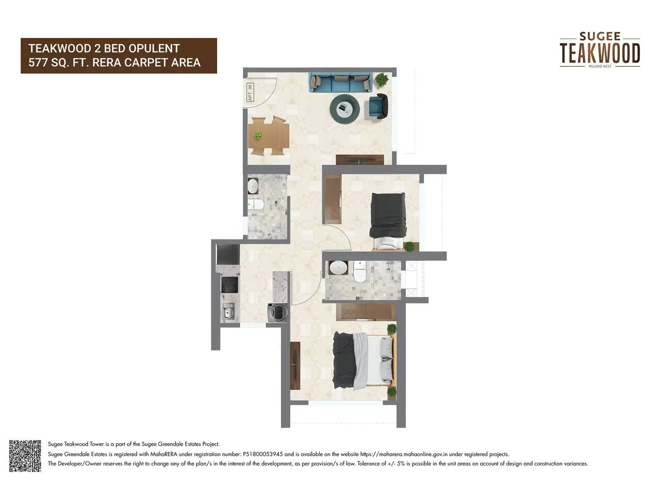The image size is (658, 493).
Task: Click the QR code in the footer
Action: click(x=25, y=456)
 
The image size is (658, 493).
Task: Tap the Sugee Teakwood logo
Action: click(x=600, y=50)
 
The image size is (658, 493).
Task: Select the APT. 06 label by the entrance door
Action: click(x=250, y=92)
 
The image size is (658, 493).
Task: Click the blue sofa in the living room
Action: click(x=340, y=82)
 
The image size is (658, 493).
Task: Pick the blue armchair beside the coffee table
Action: click(x=378, y=106)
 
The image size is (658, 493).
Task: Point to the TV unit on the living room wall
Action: click(x=359, y=159)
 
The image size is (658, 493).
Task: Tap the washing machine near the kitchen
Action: click(x=278, y=312)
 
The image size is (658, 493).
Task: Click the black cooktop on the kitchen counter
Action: click(x=229, y=284)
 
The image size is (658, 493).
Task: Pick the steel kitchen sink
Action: click(x=229, y=311)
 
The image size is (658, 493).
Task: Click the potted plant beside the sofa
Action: click(x=382, y=79)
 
